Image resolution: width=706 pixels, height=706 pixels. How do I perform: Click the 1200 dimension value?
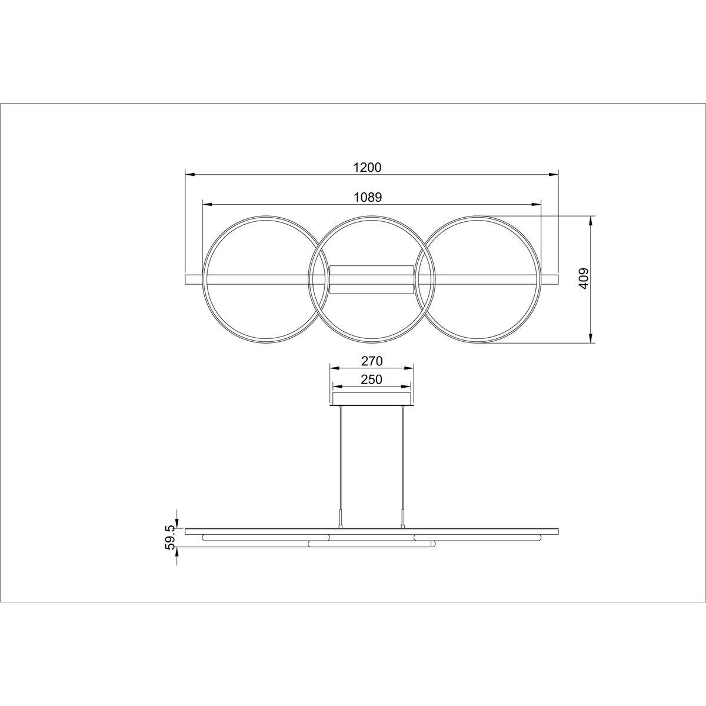(368, 167)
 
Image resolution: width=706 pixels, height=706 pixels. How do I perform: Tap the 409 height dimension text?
(583, 279)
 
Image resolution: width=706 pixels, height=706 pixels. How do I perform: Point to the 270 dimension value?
(371, 361)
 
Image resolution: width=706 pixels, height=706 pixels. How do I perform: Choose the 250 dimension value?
(371, 379)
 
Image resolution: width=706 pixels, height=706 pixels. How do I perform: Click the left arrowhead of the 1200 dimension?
(190, 174)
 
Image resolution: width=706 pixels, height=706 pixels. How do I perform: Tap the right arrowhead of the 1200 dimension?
(553, 174)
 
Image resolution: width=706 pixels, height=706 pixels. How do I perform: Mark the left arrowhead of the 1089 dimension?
(207, 205)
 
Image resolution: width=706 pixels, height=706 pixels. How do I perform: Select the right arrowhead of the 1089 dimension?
(536, 205)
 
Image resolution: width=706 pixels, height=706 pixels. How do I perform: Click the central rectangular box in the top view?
(371, 279)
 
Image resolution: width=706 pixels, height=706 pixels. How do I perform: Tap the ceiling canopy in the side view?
(371, 399)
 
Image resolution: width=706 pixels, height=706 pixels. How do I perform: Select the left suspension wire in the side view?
(340, 459)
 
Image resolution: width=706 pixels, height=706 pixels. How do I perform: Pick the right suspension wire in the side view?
(403, 459)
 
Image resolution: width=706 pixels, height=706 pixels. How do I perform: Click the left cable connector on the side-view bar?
(340, 520)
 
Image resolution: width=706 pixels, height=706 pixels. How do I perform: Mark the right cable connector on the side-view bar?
(403, 520)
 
